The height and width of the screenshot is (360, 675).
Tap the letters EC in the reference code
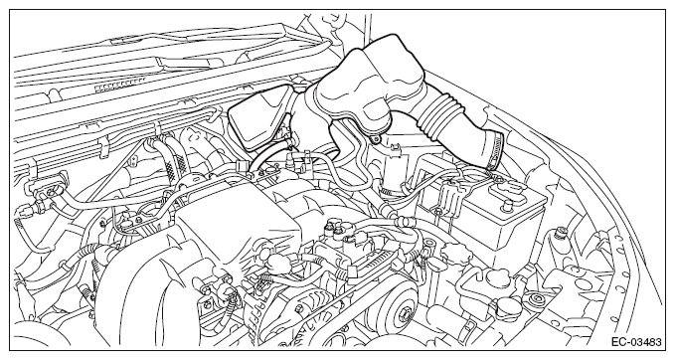point(617,342)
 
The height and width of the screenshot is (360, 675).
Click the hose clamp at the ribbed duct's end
point(494,152)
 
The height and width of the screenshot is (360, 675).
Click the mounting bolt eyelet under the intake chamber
point(377,139)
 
